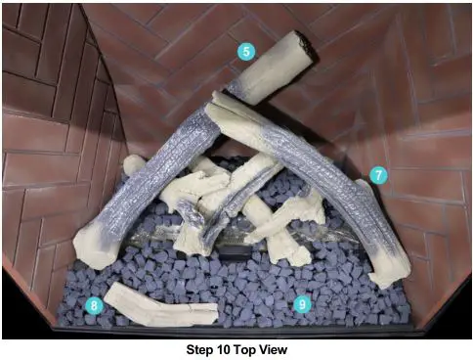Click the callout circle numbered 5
(x=245, y=51)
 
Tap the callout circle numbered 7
(x=378, y=176)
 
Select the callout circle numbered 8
(x=93, y=304)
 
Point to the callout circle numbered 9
(x=302, y=304)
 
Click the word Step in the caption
(x=201, y=348)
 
